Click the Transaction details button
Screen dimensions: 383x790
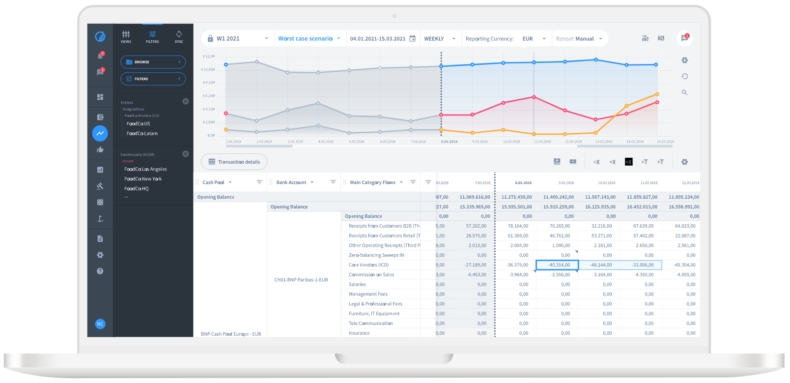[x=234, y=162]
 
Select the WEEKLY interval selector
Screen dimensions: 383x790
[x=439, y=38]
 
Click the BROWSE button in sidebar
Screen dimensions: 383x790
[x=153, y=62]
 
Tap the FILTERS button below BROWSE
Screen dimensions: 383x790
[x=153, y=79]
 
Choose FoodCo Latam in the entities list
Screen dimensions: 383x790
[x=142, y=133]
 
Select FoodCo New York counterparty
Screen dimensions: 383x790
[x=143, y=179]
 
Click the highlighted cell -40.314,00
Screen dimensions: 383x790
[x=557, y=265]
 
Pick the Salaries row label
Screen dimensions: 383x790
[x=357, y=284]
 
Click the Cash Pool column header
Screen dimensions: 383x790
[x=213, y=182]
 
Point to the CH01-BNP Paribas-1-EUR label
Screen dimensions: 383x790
[x=301, y=280]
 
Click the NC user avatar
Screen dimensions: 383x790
[x=100, y=324]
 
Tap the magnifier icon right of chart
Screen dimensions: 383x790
[x=684, y=92]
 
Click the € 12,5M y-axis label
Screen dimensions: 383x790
[x=209, y=56]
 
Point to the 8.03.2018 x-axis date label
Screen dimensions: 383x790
[x=449, y=142]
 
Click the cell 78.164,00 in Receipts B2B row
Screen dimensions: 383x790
[x=518, y=226]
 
